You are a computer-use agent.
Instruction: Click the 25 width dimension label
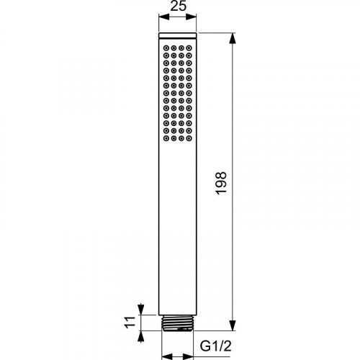click(178, 6)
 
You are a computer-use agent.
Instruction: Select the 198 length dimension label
click(221, 183)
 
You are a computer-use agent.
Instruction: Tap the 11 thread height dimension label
click(130, 323)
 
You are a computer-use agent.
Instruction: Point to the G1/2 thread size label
click(216, 346)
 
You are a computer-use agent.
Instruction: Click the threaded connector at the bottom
click(178, 323)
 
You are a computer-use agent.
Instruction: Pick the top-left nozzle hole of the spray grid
click(166, 48)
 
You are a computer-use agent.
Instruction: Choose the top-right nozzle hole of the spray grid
click(189, 48)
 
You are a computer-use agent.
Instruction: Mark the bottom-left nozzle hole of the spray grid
click(166, 138)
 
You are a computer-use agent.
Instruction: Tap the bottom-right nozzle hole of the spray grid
click(189, 138)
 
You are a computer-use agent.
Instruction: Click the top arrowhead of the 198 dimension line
click(232, 38)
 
